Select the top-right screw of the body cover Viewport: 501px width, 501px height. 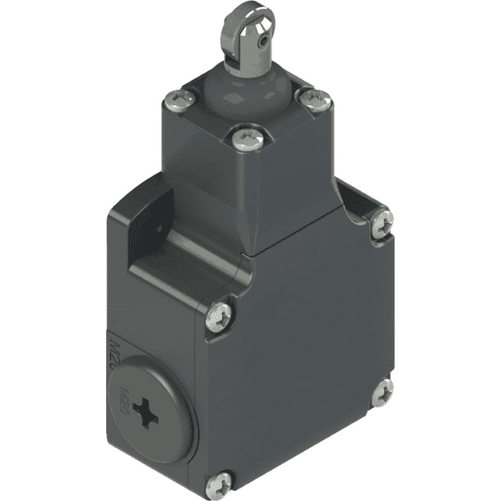[382, 221]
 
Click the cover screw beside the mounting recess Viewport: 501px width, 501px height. [219, 317]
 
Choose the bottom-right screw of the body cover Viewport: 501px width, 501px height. [382, 392]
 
